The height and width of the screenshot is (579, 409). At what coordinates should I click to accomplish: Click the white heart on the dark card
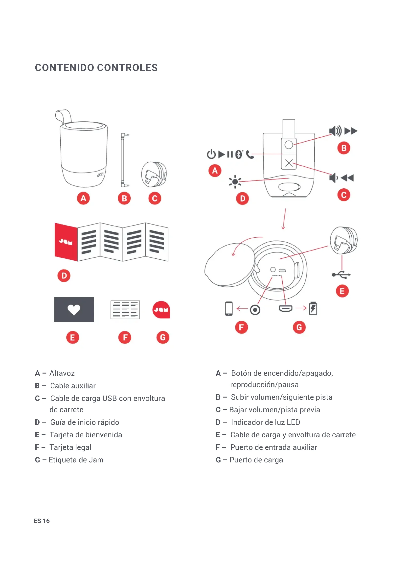tap(74, 309)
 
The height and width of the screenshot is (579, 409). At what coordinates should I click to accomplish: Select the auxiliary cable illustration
tap(123, 160)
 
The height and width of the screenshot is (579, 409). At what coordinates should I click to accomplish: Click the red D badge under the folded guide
tap(64, 276)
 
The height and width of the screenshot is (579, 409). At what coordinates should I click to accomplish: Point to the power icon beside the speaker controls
tap(211, 154)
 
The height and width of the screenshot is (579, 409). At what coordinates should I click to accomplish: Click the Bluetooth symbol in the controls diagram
tap(238, 154)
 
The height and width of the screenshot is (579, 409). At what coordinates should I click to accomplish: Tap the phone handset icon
tap(250, 154)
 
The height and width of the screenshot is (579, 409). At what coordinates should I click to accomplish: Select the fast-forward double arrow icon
tap(351, 131)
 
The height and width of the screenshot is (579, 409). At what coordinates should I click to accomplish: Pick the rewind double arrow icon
tap(347, 178)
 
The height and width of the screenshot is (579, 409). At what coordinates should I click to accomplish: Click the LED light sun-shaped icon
tap(235, 181)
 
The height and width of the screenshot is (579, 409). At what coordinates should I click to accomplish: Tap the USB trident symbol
tap(341, 275)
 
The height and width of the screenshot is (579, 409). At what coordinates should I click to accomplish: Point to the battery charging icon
tap(313, 308)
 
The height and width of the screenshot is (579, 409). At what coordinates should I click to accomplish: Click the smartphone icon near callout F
tap(229, 308)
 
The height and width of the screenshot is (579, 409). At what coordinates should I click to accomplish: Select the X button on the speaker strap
tap(289, 163)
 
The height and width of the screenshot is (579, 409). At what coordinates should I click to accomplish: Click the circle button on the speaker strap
tap(289, 145)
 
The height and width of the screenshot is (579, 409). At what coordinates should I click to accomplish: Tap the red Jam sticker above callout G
tap(161, 309)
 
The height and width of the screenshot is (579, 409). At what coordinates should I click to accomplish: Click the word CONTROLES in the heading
tap(127, 68)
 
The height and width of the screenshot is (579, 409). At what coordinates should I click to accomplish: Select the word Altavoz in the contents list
tap(62, 373)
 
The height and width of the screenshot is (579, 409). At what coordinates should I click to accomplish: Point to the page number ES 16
tap(42, 521)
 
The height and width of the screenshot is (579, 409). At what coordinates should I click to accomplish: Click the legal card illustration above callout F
tap(125, 309)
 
